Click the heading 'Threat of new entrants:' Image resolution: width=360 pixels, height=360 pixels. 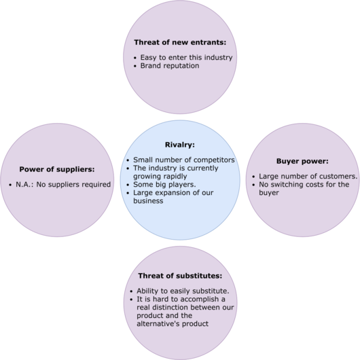pos(180,42)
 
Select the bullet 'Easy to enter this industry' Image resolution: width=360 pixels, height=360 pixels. pos(185,57)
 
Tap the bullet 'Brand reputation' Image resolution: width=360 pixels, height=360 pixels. pos(171,66)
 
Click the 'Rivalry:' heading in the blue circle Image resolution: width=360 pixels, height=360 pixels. pos(179,145)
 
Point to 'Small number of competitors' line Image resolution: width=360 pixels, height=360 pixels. pos(183,160)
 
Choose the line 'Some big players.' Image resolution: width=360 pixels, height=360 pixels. pos(166,183)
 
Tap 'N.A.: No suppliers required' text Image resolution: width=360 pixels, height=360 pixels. pos(63,184)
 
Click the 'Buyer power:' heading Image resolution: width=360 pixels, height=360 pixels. pos(302,161)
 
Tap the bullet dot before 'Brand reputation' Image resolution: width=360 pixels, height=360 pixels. pos(135,67)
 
